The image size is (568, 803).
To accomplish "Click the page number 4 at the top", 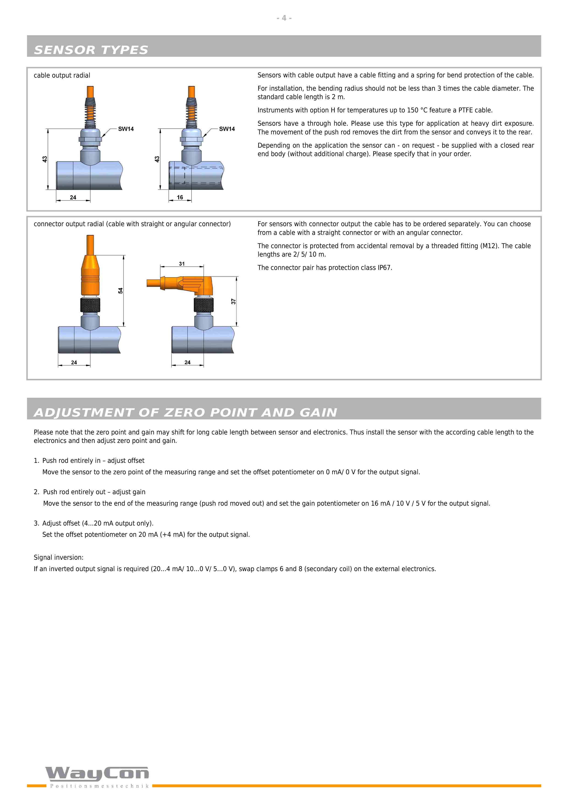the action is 284,18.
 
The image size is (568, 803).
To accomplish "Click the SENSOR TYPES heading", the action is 91,50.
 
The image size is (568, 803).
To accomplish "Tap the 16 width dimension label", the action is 180,197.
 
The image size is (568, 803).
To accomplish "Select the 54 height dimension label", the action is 120,291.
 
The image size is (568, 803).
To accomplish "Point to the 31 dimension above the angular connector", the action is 182,264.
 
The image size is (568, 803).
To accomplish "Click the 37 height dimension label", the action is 233,301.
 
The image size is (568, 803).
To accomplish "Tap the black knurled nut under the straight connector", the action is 90,305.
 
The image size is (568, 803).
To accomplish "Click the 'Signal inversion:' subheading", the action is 58,557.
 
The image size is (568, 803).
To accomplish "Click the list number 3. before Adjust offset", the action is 36,523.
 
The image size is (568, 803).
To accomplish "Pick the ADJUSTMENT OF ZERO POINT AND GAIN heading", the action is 186,413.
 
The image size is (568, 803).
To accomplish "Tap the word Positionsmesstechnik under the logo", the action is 100,786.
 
